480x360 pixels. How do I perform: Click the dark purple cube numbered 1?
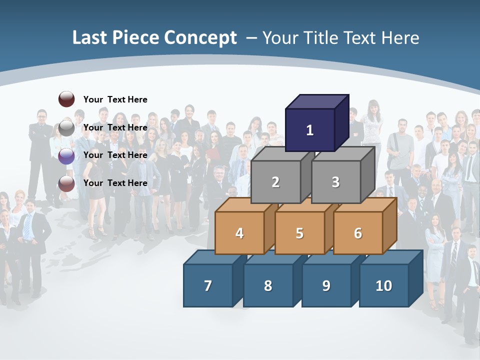tap(309, 130)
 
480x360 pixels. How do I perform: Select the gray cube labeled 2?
tap(275, 182)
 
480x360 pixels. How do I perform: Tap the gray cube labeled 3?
tap(335, 182)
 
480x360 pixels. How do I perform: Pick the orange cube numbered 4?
tap(239, 233)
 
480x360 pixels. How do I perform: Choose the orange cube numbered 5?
tap(299, 233)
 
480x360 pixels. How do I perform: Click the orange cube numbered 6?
tap(358, 233)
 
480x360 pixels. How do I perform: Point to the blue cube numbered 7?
tap(208, 285)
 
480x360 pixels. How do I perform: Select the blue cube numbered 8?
tap(268, 285)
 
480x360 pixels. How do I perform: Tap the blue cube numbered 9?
tap(326, 285)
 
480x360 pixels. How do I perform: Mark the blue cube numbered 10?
tap(383, 285)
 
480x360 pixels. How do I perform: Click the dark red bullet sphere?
tap(66, 99)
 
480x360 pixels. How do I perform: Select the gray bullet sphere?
tap(66, 127)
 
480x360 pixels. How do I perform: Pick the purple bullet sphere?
tap(66, 155)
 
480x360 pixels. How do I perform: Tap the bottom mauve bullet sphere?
tap(66, 183)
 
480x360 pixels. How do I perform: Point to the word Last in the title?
tap(89, 38)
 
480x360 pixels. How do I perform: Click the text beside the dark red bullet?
tap(115, 99)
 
